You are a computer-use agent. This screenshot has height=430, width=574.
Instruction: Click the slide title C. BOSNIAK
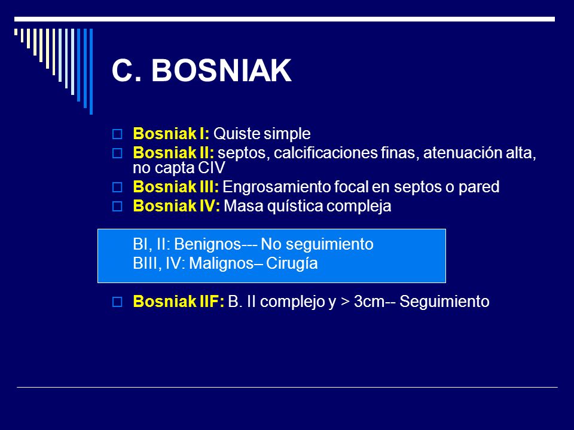point(201,70)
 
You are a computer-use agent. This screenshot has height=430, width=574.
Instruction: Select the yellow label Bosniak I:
point(171,134)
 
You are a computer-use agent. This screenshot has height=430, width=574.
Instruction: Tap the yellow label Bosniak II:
point(173,153)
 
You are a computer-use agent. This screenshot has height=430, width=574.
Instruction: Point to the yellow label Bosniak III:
point(176,187)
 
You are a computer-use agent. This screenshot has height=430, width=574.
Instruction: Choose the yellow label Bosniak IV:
point(176,206)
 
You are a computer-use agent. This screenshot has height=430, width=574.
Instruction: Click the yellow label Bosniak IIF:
point(179,302)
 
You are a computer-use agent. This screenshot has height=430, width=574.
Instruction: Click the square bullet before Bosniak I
point(117,134)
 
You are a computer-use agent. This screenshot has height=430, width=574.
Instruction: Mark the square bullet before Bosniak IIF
point(117,302)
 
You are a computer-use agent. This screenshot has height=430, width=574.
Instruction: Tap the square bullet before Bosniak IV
point(117,206)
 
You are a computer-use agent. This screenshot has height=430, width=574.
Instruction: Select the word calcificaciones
point(325,153)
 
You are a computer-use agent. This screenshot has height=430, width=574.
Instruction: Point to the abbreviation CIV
point(212,168)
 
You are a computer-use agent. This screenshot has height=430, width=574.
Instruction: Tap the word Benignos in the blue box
point(207,244)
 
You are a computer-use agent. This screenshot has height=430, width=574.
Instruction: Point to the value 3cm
point(370,302)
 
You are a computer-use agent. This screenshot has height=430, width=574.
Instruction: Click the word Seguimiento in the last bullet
point(444,302)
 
